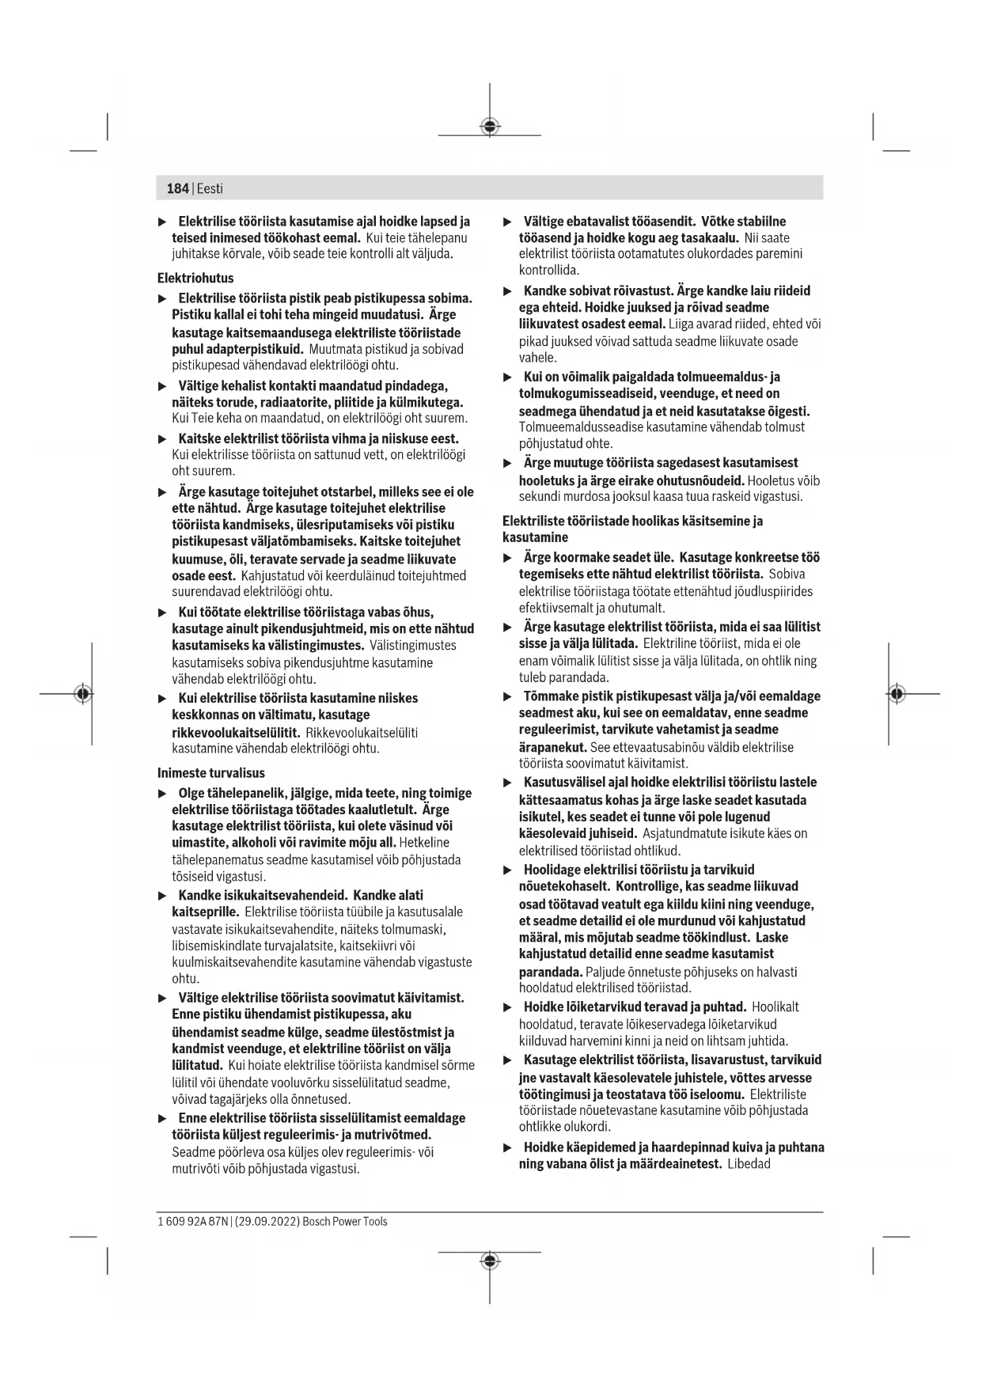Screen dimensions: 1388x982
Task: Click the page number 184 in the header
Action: click(177, 188)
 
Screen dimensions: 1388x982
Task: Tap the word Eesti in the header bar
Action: click(210, 188)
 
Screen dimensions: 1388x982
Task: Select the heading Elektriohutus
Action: click(195, 279)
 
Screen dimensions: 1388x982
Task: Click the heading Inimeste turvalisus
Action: click(211, 773)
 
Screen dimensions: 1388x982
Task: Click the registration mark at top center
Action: click(490, 126)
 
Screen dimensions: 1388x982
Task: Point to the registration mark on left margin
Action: click(82, 694)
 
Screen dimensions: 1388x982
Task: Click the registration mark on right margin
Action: click(896, 694)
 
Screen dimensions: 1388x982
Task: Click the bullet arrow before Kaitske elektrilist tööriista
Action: click(163, 439)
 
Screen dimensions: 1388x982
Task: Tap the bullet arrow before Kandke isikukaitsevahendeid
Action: click(163, 896)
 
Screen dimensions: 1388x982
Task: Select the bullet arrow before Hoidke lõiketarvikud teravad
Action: click(508, 1007)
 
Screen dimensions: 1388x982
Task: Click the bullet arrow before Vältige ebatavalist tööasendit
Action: click(508, 222)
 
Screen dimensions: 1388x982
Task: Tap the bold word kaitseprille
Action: click(205, 912)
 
